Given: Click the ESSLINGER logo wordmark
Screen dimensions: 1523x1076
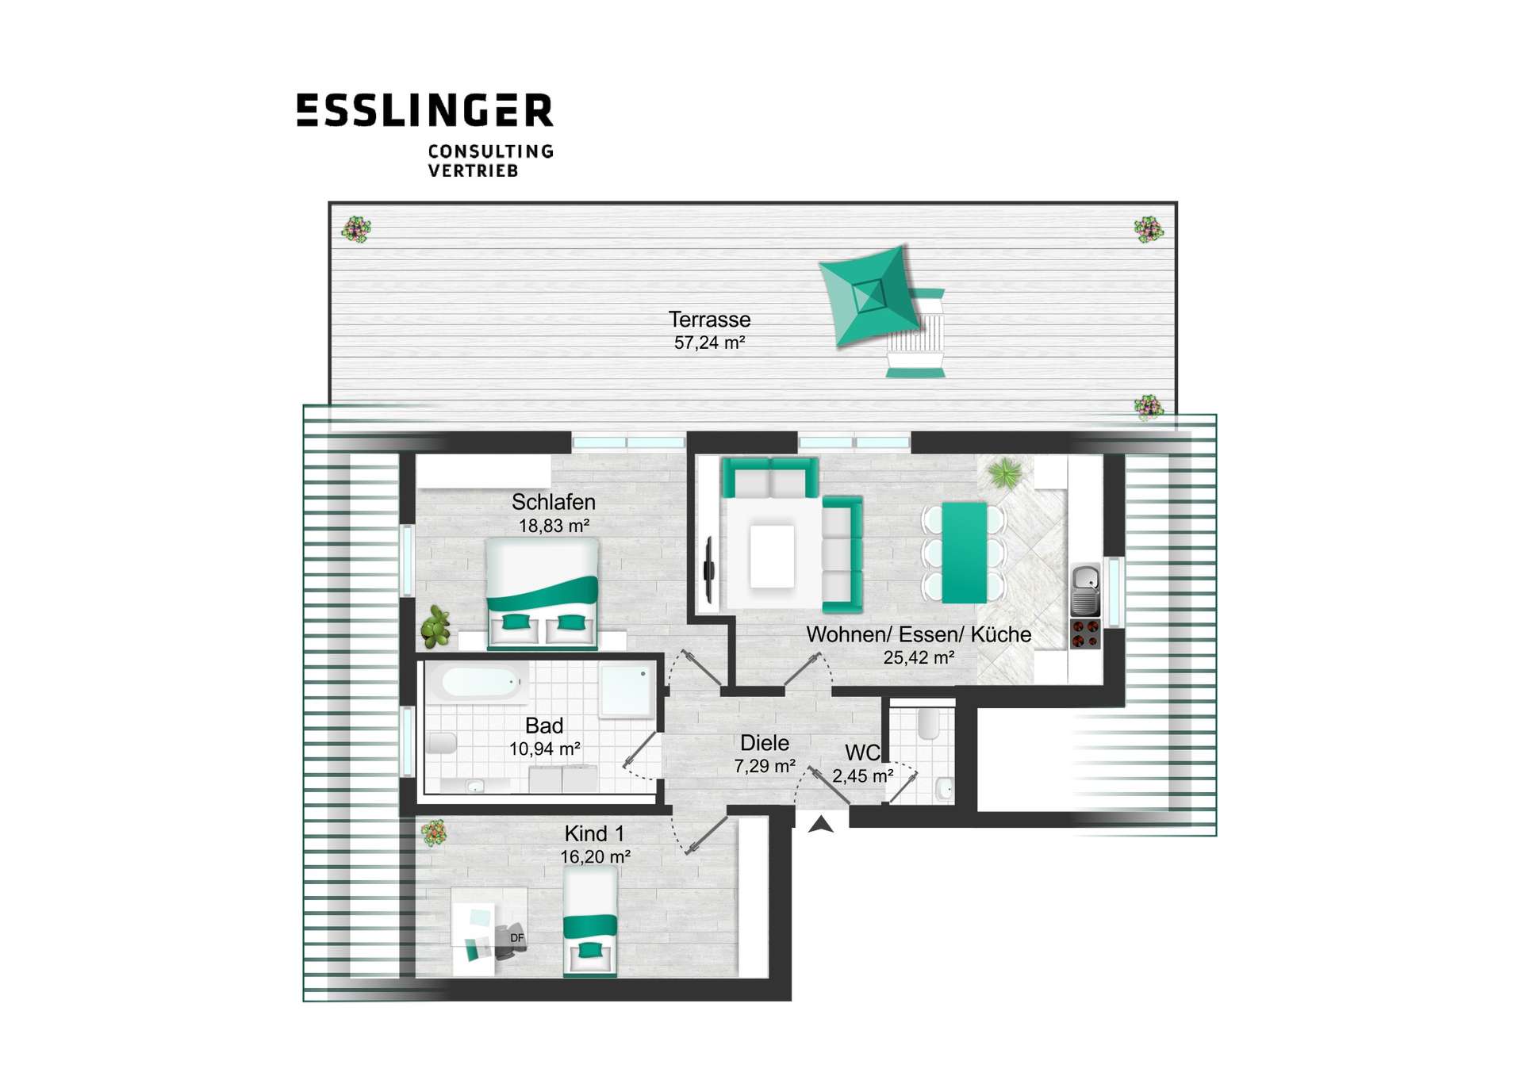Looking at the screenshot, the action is point(424,110).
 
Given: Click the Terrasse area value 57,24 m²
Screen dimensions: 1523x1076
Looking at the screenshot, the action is point(709,343).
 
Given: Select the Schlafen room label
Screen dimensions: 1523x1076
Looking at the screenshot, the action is point(553,502).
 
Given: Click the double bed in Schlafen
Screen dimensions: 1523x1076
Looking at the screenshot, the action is point(542,594).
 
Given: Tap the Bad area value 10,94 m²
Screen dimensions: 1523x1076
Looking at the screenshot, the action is point(544,749).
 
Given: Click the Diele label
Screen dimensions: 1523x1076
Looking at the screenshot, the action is point(764,743).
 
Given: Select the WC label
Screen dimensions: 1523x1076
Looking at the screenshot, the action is point(862,752).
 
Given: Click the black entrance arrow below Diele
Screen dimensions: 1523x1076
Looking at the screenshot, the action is point(821,825).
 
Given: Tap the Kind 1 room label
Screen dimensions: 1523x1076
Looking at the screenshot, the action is point(594,833).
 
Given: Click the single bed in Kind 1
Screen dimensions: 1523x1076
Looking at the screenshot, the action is point(590,921).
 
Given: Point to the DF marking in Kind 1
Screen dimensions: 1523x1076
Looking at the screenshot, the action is point(517,938).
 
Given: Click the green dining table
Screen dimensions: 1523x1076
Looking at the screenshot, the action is point(964,553).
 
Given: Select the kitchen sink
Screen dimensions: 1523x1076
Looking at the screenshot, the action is point(1085,589).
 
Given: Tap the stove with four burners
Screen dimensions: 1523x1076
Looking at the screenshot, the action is point(1085,634).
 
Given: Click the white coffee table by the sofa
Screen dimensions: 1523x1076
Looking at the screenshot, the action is point(772,556).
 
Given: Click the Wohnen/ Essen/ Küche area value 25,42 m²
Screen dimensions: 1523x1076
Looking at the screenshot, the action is point(919,657).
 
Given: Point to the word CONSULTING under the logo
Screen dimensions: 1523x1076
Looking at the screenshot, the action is point(491,151).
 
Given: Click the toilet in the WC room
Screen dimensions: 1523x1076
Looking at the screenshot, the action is point(927,723).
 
